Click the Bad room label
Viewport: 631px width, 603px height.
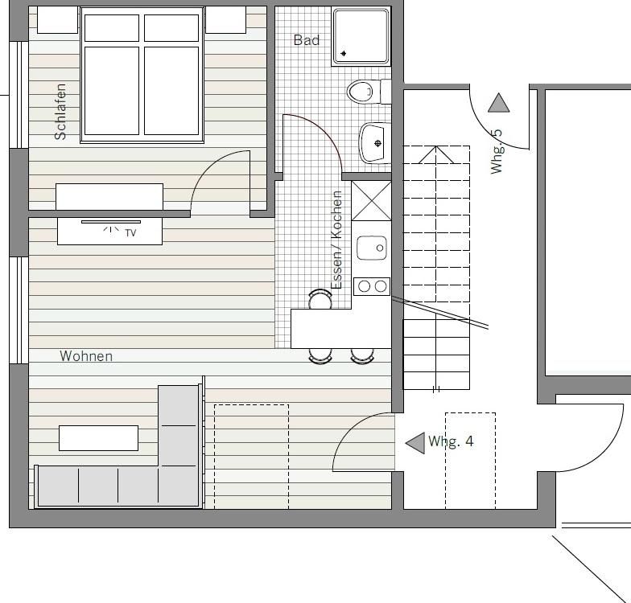306,40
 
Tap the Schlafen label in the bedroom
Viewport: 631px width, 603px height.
60,112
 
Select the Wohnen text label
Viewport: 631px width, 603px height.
86,355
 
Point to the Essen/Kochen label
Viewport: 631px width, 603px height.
336,240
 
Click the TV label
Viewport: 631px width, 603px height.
130,233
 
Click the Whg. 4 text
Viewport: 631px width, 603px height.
451,441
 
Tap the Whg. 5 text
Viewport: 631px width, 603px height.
497,151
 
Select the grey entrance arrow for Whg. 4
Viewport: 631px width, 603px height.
415,443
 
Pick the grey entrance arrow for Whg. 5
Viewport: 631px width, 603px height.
499,103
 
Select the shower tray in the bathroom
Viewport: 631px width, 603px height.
361,37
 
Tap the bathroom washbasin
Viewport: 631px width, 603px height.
374,143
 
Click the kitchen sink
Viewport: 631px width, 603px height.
372,248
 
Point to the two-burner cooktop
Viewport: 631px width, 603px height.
372,286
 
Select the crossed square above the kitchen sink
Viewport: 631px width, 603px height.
372,201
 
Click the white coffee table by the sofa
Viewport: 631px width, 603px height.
98,438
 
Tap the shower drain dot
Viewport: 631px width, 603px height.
344,53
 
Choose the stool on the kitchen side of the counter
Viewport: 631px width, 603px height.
320,299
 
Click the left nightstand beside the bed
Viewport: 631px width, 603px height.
57,19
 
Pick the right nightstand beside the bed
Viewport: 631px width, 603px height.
225,19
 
